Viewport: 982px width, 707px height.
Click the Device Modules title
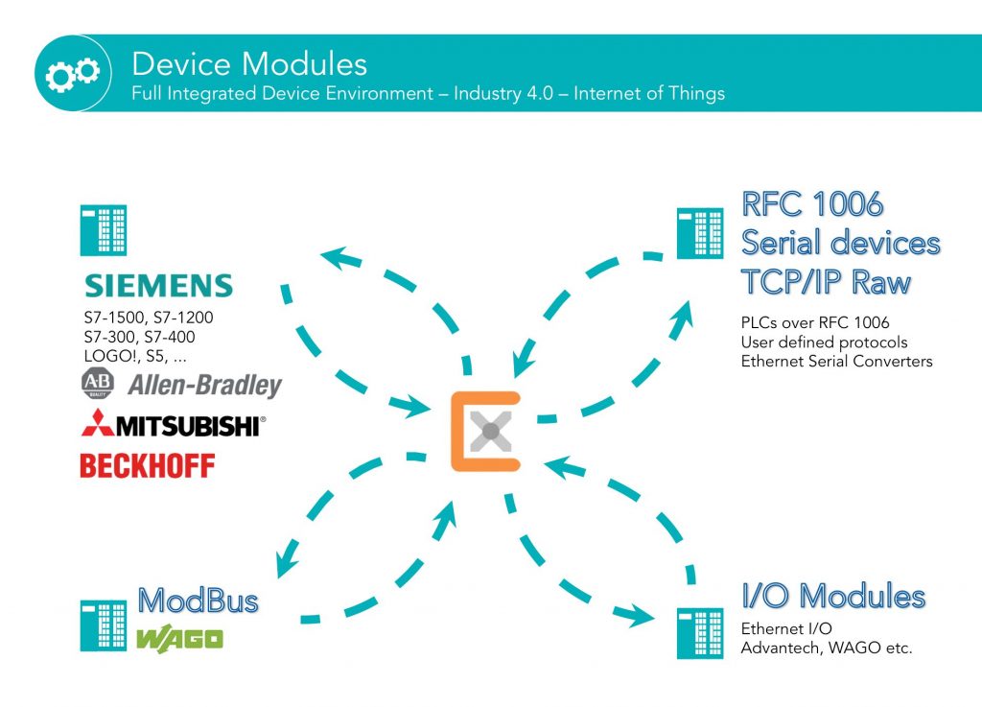tap(249, 64)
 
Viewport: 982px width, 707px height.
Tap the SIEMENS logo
tap(159, 286)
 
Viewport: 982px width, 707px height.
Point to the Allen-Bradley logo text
tap(205, 386)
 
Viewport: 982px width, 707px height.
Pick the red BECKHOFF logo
tap(148, 466)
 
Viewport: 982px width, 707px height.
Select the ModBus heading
tap(199, 601)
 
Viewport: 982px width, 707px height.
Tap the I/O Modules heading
tap(833, 596)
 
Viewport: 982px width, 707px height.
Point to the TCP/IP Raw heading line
tap(825, 282)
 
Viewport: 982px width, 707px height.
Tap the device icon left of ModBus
tap(104, 625)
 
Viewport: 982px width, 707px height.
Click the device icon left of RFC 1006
tap(700, 233)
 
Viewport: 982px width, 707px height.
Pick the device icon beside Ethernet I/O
tap(700, 632)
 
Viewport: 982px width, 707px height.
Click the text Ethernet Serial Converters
tap(836, 362)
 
